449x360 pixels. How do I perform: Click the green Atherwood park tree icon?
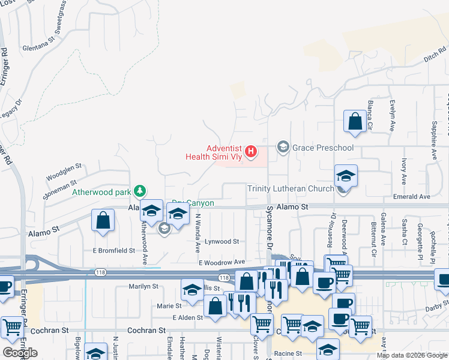tap(140, 191)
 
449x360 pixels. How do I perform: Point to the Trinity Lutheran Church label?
tap(291, 189)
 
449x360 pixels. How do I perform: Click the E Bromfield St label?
tap(113, 250)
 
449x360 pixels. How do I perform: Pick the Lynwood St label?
tap(221, 242)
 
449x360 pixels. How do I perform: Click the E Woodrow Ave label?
tap(222, 262)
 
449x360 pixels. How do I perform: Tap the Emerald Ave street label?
tap(412, 197)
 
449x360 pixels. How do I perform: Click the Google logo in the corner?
tap(20, 352)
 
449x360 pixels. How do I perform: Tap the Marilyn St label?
tap(143, 287)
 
